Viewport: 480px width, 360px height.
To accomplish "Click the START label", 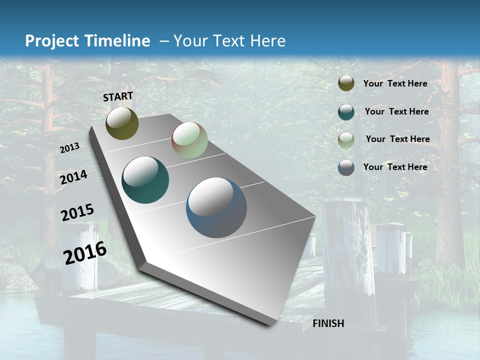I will [x=118, y=96].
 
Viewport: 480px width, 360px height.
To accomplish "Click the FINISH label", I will [x=328, y=323].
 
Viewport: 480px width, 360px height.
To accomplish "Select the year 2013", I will [x=69, y=148].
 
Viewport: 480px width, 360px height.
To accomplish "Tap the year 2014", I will [x=73, y=177].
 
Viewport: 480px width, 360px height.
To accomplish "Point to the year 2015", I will [x=77, y=212].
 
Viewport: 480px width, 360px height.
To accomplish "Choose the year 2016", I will [x=85, y=252].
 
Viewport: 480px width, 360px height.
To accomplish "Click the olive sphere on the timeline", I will [x=122, y=123].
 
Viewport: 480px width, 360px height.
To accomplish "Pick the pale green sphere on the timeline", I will [x=189, y=140].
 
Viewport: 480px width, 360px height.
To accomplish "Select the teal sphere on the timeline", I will [x=145, y=180].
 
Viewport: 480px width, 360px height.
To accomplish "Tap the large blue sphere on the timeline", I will [x=216, y=207].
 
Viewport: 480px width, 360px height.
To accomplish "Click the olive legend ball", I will [x=346, y=83].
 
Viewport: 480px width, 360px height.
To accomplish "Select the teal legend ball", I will [x=346, y=112].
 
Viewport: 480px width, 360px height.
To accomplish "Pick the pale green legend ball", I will [x=346, y=139].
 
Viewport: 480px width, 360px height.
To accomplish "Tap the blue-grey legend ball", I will [x=346, y=167].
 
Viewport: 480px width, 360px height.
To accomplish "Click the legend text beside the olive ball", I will [x=395, y=83].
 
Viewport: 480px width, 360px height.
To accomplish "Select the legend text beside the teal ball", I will [x=396, y=111].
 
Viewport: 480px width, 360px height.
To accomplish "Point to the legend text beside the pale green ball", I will [x=397, y=139].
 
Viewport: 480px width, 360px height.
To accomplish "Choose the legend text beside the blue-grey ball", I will [x=395, y=167].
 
